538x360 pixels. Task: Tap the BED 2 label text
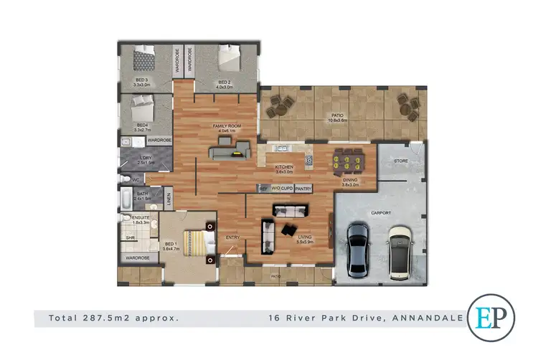pos(225,82)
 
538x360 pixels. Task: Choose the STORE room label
pos(401,161)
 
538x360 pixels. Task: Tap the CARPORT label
pos(380,212)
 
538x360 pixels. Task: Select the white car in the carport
pos(400,252)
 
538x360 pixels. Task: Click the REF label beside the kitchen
pos(263,189)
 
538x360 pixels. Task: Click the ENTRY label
pos(232,237)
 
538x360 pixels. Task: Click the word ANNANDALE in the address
pos(426,318)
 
